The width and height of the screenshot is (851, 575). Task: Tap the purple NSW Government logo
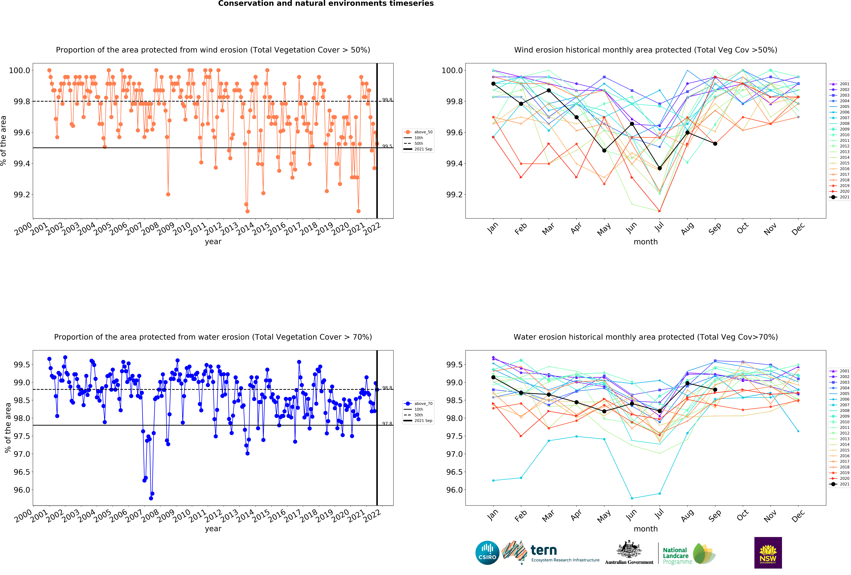coord(768,553)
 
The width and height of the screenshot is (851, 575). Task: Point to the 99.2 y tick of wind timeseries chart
coord(22,195)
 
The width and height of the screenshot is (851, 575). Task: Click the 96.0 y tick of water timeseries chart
coord(22,490)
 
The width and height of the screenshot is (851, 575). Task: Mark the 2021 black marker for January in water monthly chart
coord(493,377)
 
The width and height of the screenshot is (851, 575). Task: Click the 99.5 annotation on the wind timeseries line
coord(387,146)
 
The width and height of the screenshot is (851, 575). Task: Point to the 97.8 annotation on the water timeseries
coord(387,423)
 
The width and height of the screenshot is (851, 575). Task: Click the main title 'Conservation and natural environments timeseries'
coord(326,4)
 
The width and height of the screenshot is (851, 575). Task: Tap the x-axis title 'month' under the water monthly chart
coord(646,529)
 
